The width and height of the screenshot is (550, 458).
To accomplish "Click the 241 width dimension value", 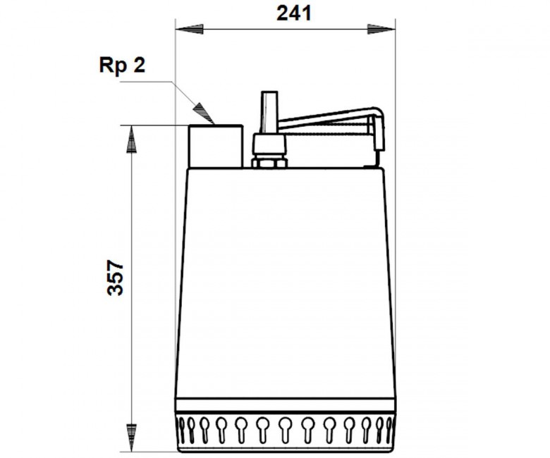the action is (x=293, y=13).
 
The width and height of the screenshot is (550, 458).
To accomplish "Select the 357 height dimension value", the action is (x=116, y=277).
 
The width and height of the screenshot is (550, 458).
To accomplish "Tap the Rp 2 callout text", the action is (x=122, y=66).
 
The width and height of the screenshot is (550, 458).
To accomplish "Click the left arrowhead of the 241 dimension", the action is (x=189, y=29).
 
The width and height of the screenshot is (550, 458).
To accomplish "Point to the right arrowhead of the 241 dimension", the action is (x=381, y=29).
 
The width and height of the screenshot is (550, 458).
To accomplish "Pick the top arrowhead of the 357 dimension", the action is (x=131, y=139).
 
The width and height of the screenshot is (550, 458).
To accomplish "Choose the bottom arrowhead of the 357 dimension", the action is (x=131, y=438).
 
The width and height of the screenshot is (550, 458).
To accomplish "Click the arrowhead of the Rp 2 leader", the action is (x=204, y=113).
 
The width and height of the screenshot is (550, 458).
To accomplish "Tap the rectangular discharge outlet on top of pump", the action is (x=216, y=146).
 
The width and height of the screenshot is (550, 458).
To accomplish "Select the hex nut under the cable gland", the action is (x=269, y=163).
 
